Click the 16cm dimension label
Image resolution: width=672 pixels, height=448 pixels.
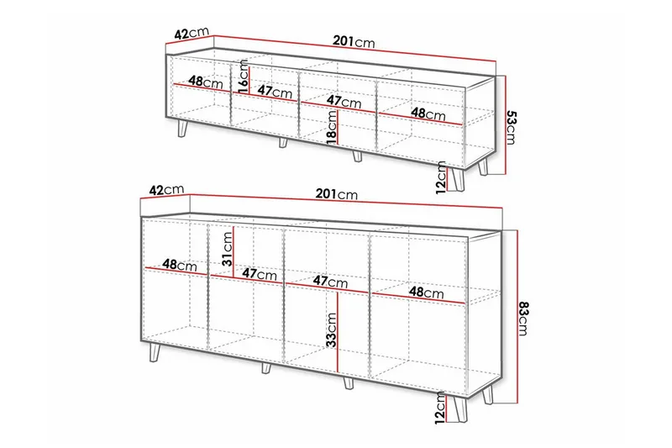coord(243,76)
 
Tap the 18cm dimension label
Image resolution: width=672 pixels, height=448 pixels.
coord(331,128)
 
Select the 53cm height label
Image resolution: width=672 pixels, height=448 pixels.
coord(512,127)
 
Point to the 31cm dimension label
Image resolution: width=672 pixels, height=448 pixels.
coord(227,249)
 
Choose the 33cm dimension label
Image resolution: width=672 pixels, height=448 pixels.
coord(331,329)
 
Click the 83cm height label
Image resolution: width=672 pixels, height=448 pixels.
coord(522,319)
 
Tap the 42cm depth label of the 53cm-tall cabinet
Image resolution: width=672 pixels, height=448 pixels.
coord(192,33)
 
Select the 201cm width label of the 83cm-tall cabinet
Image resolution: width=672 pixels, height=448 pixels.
coord(337,194)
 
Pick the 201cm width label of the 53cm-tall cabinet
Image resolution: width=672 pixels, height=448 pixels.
coord(354,41)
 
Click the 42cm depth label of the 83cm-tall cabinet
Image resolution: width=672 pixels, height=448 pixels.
coord(166,189)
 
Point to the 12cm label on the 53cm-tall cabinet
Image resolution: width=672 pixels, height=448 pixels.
coord(440,177)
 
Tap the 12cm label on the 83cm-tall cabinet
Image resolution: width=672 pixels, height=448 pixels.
coord(440,408)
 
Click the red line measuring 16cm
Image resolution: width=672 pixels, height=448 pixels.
coord(249,80)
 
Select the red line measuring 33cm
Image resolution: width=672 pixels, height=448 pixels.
coord(339,332)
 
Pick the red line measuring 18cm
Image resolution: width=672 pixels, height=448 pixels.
coord(339,128)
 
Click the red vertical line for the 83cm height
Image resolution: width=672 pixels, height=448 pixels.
coord(517,317)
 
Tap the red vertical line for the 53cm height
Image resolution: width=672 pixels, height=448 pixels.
coord(507,125)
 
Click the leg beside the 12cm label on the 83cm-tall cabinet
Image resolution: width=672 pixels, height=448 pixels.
coord(457,409)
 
